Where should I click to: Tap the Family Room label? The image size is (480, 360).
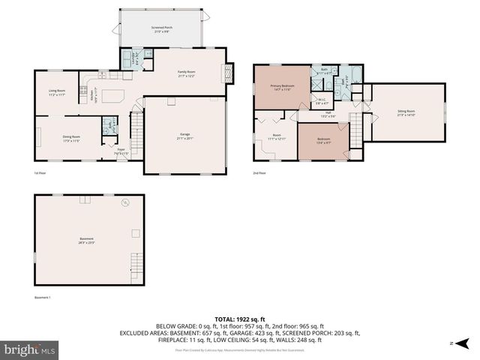(185, 73)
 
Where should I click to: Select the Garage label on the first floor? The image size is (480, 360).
(184, 136)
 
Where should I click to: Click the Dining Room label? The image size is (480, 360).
(71, 138)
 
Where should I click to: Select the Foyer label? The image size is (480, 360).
(121, 152)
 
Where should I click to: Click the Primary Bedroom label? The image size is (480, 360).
(282, 87)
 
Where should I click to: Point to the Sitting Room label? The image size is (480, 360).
(406, 112)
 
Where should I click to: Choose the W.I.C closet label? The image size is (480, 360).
(321, 100)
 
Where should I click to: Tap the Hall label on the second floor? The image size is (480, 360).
(328, 115)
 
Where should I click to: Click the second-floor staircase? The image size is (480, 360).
(356, 130)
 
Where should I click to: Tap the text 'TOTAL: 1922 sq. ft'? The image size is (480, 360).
(239, 319)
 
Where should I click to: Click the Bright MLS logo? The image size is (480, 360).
(30, 349)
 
